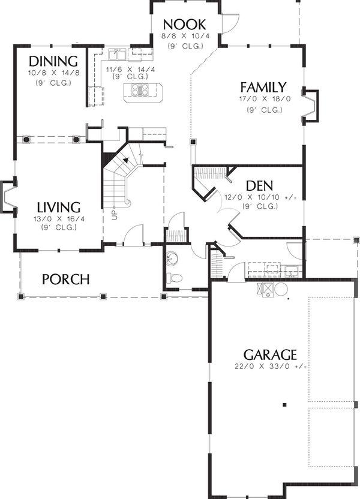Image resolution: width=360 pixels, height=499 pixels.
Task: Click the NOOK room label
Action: tap(184, 25)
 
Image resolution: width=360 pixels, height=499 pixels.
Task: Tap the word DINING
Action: tap(53, 61)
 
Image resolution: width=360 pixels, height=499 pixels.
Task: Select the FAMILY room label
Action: tap(263, 87)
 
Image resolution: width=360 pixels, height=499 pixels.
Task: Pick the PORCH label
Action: tap(66, 279)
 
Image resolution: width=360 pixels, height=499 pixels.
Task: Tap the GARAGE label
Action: tap(270, 354)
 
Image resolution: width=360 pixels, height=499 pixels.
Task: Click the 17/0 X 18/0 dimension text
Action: tap(264, 99)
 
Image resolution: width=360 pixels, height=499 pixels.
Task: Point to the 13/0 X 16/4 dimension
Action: tap(59, 219)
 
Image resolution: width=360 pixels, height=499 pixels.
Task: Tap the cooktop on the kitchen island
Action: tap(143, 91)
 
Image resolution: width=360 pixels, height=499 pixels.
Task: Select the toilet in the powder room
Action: tap(175, 278)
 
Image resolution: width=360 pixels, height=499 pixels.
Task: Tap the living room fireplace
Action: tap(8, 197)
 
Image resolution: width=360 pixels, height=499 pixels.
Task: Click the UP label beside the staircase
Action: tap(113, 214)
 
